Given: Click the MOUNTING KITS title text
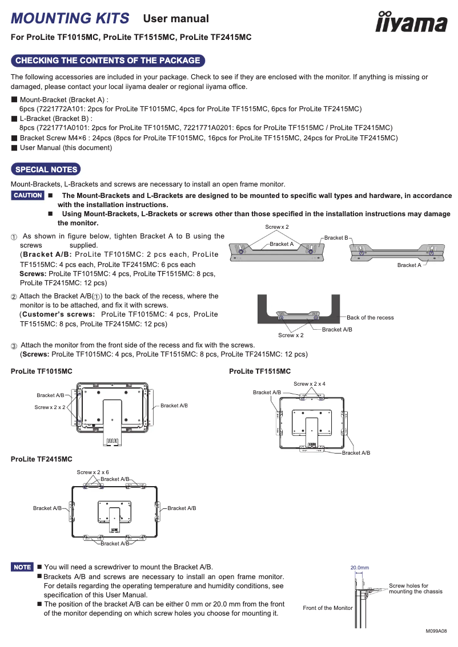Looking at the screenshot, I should [70, 18].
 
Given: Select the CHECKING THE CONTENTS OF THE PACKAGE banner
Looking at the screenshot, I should [108, 60].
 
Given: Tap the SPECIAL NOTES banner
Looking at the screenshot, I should [46, 169].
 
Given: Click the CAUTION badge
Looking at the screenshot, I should [28, 196].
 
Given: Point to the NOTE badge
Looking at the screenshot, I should [23, 567].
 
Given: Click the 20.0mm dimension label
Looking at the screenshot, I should [359, 568].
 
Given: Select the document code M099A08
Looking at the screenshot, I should [436, 632].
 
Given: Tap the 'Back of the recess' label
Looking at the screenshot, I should [370, 318].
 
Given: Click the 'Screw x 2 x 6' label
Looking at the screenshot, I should [93, 472].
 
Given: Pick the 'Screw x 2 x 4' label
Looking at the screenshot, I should [310, 384].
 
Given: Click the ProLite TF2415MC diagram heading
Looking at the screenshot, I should [42, 459].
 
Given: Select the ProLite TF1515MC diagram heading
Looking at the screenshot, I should [260, 371].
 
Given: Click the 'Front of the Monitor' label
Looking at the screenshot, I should [328, 608].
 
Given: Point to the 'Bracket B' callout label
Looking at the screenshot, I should [336, 237].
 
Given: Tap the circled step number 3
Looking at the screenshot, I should [14, 346].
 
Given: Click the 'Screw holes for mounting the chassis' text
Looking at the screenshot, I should [415, 589].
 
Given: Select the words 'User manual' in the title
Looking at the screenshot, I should [176, 19].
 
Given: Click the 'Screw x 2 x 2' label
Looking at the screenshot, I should [50, 407].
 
